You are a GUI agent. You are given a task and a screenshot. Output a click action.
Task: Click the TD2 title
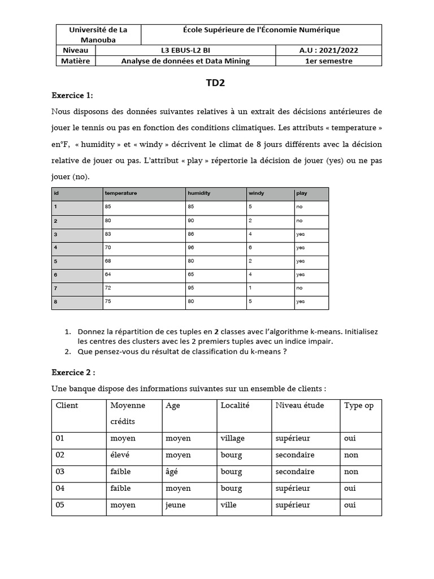coord(216,83)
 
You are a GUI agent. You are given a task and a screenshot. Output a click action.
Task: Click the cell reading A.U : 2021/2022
coord(328,50)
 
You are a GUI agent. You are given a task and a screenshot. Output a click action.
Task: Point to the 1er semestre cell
coord(328,61)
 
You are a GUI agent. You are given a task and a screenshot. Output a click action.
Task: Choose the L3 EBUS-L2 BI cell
coord(185,50)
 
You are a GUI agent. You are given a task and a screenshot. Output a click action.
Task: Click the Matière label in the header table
coord(76,61)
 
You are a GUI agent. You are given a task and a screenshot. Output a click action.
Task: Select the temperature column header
coord(121,193)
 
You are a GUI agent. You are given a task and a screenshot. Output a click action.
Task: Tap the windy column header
coord(257,193)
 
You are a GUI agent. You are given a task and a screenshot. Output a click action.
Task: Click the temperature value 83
coord(108,234)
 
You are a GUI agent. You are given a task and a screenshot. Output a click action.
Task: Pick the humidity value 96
coord(191,248)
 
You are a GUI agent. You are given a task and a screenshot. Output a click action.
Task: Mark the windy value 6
coord(250,248)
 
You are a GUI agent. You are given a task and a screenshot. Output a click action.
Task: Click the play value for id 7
coord(299,288)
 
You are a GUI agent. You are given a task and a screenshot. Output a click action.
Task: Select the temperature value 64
coord(108,275)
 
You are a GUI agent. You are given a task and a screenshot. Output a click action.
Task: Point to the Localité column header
coord(235,405)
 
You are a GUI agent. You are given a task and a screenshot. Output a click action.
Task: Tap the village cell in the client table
coord(232,438)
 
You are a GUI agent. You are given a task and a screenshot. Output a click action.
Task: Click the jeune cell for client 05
coord(175,505)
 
